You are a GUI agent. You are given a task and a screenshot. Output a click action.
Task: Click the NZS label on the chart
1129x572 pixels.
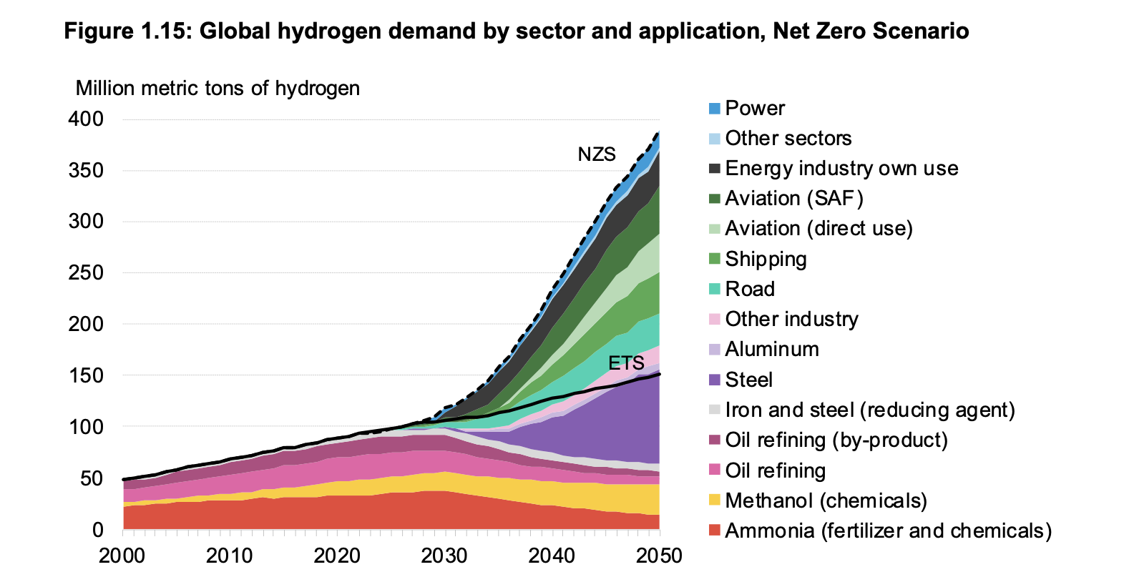[x=596, y=154]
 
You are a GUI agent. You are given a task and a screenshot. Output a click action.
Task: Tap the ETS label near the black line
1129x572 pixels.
[x=626, y=363]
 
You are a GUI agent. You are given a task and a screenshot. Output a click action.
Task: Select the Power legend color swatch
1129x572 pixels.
[x=714, y=109]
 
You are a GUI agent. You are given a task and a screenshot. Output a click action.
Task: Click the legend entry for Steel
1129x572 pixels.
[x=748, y=380]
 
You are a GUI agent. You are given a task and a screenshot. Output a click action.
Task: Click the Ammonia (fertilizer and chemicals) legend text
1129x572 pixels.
[x=888, y=531]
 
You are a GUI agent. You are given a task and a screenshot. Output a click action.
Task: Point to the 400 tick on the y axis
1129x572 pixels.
[x=86, y=119]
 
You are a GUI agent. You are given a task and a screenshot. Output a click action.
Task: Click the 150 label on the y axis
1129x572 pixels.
[x=86, y=375]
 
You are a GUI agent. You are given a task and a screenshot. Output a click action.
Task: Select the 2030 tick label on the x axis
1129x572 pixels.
[x=444, y=556]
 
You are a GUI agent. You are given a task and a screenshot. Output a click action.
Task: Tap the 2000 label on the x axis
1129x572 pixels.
[x=122, y=556]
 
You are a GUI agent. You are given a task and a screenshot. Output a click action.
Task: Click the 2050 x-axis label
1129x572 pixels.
[x=659, y=556]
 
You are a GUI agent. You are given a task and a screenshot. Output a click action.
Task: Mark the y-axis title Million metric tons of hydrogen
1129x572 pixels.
[x=218, y=89]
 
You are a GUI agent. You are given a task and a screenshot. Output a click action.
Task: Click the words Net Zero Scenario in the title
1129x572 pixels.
[x=871, y=31]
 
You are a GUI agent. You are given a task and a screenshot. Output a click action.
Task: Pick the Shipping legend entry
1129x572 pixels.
[x=766, y=259]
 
